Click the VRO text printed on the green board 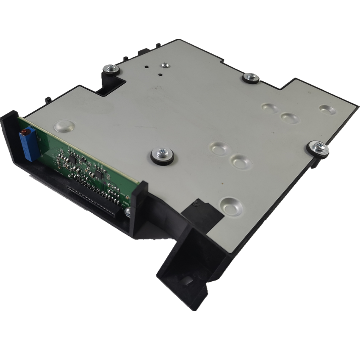pyautogui.click(x=126, y=202)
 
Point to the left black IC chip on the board pyautogui.click(x=73, y=159)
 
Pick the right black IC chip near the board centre pyautogui.click(x=100, y=173)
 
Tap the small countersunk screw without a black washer pyautogui.click(x=165, y=65)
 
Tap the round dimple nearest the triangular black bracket pyautogui.click(x=231, y=206)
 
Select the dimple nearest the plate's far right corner pyautogui.click(x=327, y=110)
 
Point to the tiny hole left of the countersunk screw pyautogui.click(x=146, y=66)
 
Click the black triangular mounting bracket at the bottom pyautogui.click(x=186, y=271)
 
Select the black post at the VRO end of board pyautogui.click(x=139, y=208)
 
